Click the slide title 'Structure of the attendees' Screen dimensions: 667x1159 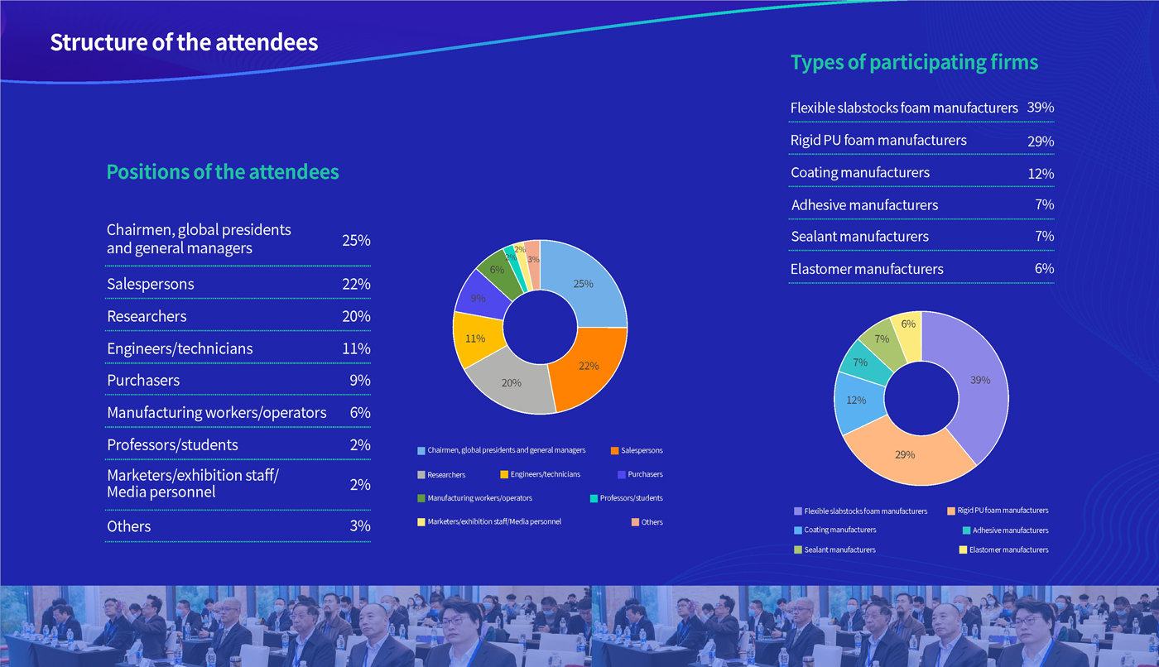184,43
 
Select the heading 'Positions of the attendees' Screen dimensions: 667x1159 223,172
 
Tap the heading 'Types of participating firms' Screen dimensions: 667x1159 914,63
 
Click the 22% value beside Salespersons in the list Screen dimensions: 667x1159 356,285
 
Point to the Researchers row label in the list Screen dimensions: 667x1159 147,317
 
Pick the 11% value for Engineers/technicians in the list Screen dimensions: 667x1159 356,349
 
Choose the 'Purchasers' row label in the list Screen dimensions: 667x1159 143,381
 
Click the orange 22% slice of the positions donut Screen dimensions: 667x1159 589,366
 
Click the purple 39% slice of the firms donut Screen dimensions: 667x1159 979,381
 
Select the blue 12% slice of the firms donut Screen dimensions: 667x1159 858,401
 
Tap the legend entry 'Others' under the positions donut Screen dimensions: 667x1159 652,522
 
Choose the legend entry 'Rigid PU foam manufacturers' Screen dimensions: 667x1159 1003,511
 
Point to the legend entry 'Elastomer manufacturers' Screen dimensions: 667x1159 1008,550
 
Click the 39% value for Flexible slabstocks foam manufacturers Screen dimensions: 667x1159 1040,108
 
